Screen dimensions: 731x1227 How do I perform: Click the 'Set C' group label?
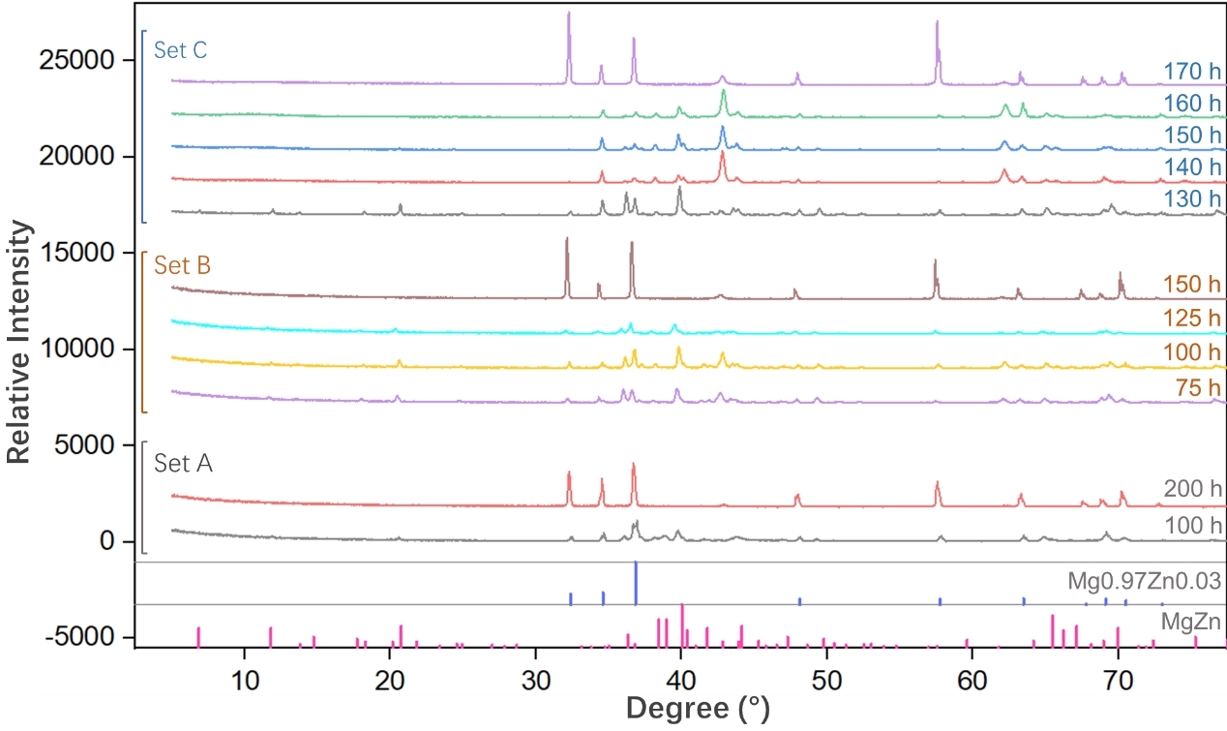(x=181, y=49)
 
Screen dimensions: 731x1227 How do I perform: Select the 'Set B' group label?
(x=182, y=265)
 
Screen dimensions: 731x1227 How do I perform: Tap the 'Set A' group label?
(x=183, y=464)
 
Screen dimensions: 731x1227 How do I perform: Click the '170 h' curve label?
(x=1194, y=71)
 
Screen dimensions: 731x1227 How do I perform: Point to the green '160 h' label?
(x=1194, y=103)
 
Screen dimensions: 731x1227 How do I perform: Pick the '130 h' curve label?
(x=1194, y=198)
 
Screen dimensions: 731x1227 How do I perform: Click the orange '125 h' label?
(x=1194, y=318)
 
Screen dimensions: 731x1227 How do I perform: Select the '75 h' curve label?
(x=1199, y=387)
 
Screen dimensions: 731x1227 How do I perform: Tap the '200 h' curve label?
(x=1194, y=489)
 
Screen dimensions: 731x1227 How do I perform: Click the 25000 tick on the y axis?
(x=84, y=60)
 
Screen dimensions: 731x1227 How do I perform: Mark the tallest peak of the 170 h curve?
(x=569, y=14)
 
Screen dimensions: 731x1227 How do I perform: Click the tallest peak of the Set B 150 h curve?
(x=567, y=239)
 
